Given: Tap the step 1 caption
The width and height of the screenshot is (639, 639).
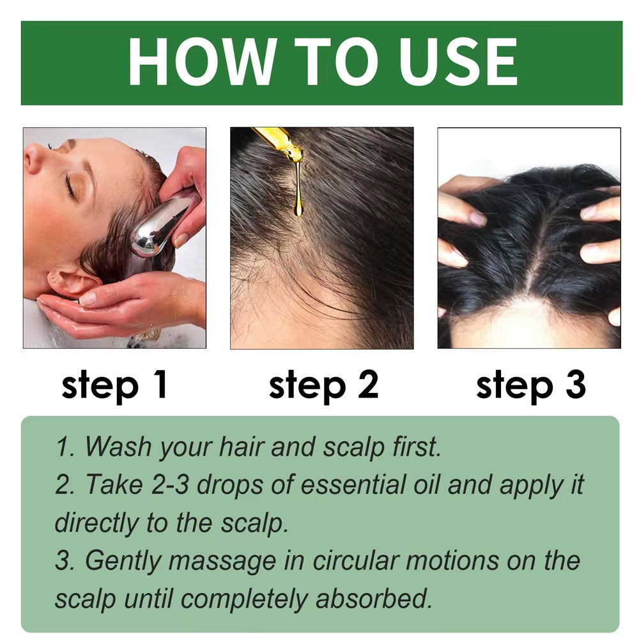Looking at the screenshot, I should click(114, 385).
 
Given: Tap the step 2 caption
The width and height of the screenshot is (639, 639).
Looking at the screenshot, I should click(323, 385).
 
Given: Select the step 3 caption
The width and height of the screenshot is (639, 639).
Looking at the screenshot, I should click(530, 385).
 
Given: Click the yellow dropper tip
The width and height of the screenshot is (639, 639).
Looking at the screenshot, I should click(281, 144).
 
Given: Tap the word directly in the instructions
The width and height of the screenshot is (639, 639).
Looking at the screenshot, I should click(96, 523).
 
